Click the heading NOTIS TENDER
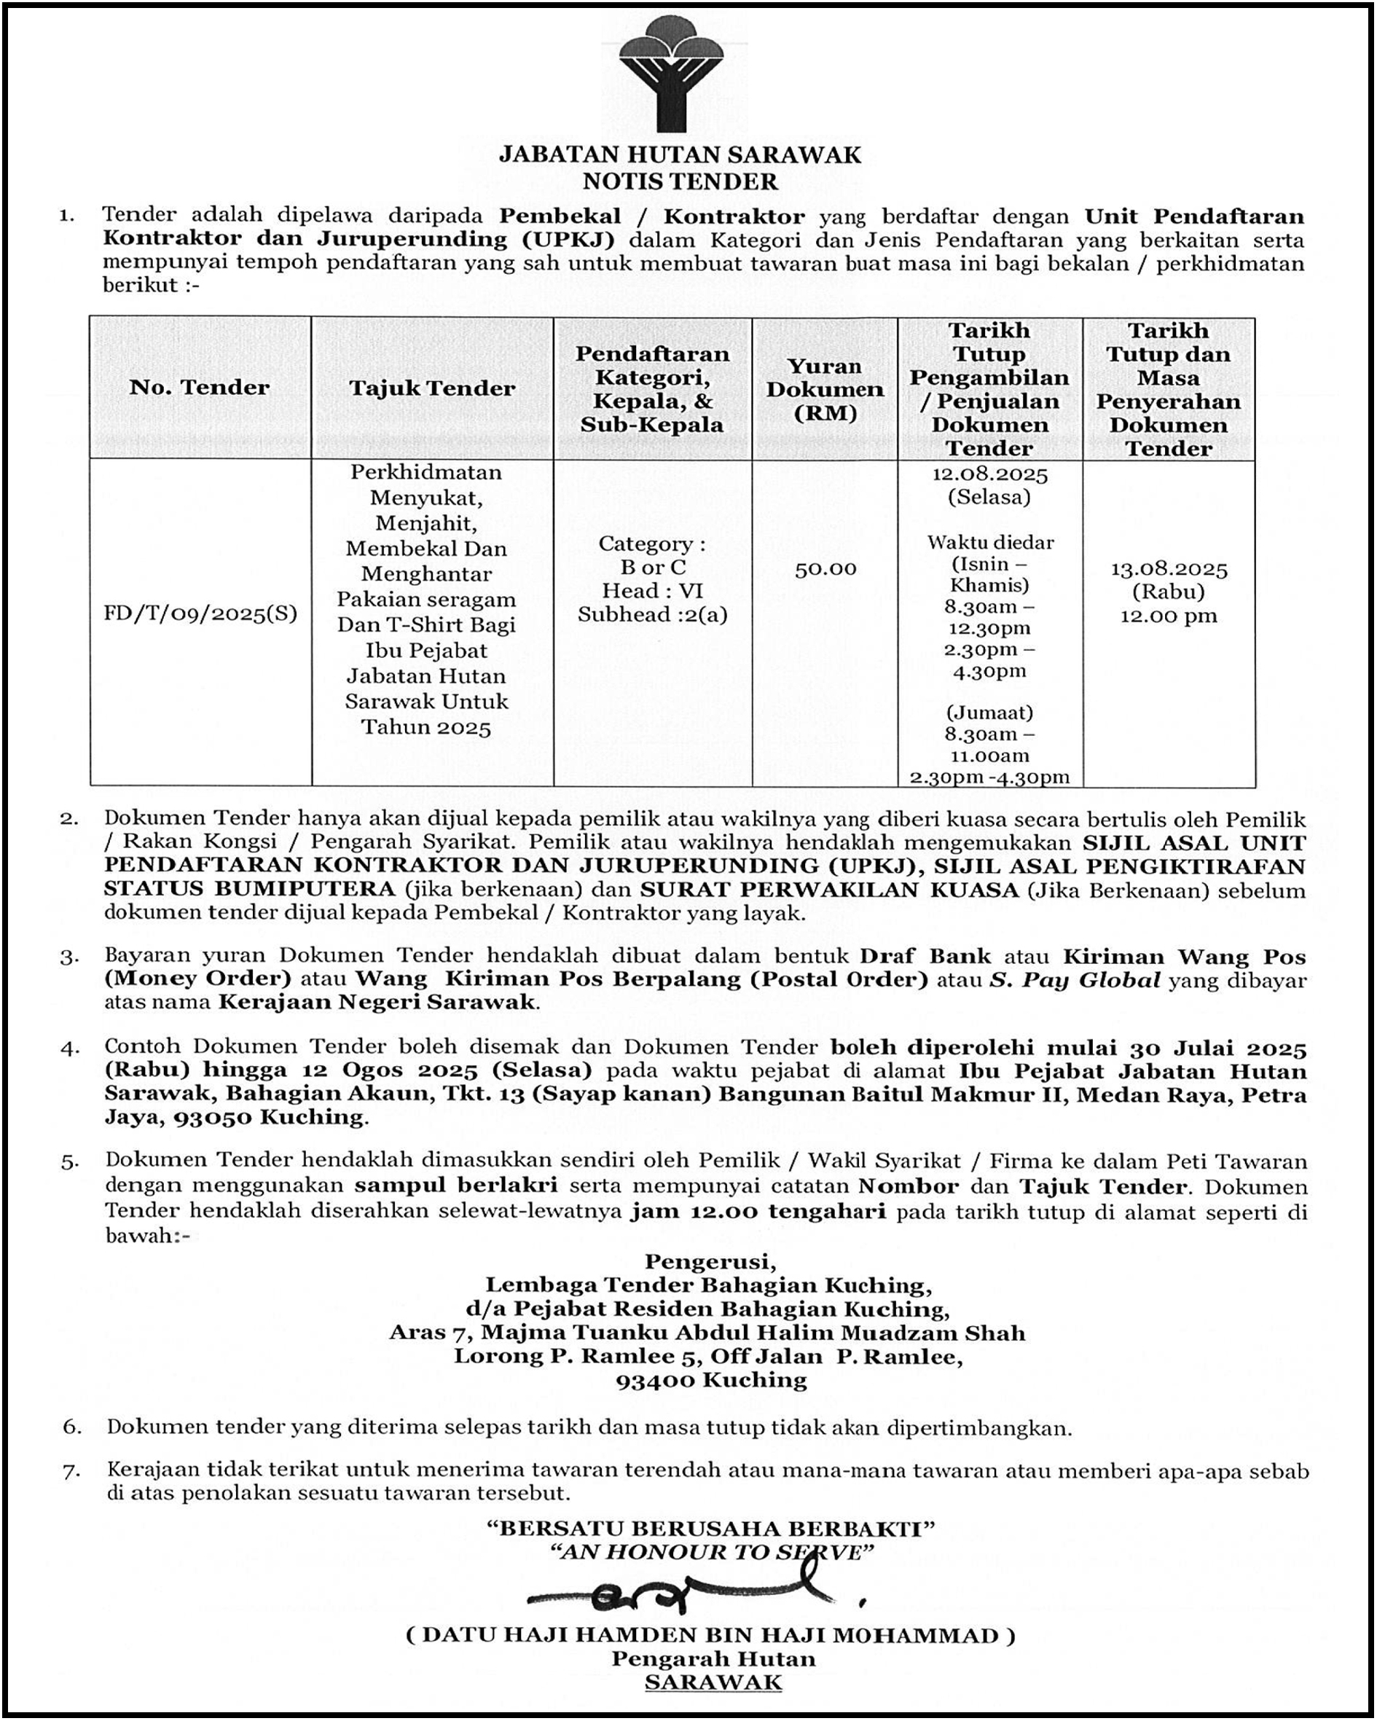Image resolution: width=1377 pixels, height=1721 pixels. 680,181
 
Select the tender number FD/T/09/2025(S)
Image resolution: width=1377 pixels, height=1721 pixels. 200,613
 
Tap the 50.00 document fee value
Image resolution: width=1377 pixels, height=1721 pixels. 825,568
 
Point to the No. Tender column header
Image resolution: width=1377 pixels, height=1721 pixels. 200,387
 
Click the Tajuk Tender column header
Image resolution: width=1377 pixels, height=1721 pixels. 432,388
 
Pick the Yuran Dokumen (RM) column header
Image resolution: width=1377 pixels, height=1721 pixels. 825,389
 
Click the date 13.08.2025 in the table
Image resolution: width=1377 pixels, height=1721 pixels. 1169,568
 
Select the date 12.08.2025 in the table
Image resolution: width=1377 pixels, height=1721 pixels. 990,474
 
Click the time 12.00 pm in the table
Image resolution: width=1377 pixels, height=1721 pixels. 1169,616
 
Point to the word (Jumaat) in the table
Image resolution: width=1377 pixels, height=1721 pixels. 990,712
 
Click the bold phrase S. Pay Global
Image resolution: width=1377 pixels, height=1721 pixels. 1075,979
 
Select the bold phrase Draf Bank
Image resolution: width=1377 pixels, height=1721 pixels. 925,956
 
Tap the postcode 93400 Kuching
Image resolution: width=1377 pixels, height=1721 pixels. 711,1379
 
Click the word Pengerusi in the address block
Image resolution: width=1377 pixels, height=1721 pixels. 710,1261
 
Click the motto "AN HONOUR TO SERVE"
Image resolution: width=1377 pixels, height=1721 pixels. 711,1552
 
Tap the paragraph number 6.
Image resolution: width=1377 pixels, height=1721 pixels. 72,1427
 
